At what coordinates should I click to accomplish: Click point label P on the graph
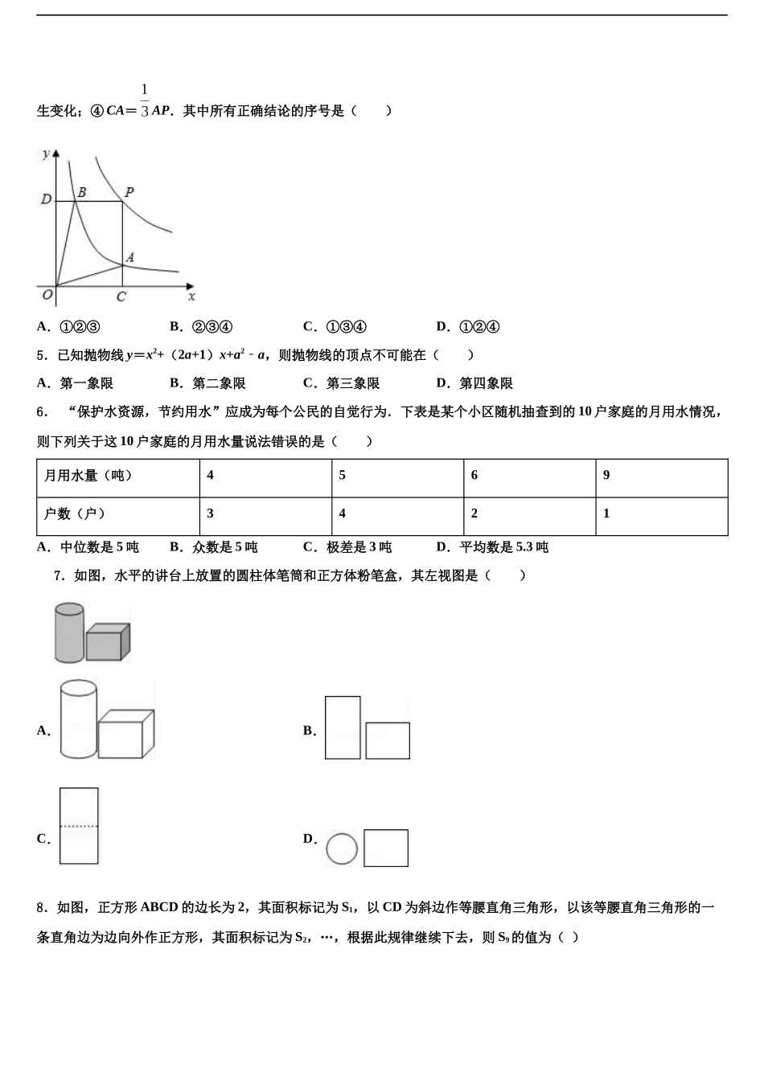129,192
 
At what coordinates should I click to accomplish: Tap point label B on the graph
81,193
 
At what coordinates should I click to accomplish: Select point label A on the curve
129,257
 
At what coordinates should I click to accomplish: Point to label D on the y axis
46,199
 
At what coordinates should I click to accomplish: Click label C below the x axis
121,297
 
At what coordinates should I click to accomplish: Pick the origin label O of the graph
47,295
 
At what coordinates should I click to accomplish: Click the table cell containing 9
661,476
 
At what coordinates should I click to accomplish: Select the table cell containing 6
529,476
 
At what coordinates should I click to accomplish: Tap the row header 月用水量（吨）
118,476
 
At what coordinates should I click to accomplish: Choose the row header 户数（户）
118,514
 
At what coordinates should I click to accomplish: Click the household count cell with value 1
661,514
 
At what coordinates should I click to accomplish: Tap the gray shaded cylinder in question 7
69,632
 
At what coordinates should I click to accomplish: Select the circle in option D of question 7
342,849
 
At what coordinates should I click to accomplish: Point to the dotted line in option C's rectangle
79,826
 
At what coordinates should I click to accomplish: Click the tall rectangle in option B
343,727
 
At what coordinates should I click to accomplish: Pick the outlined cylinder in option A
78,719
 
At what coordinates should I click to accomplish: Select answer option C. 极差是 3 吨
347,547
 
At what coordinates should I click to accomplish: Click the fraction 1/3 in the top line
145,100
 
